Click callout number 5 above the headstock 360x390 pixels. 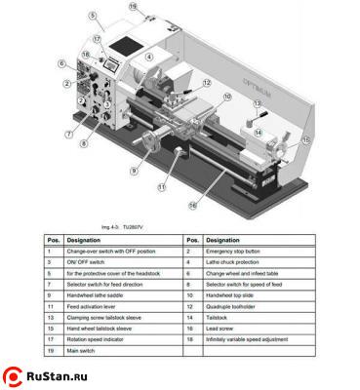93,15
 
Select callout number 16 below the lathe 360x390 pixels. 193,206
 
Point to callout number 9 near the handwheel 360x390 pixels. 134,171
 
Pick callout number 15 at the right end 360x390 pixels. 305,140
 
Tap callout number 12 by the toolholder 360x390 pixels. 207,84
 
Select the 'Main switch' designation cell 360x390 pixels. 84,350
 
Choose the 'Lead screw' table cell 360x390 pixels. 225,329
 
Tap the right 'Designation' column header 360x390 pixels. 224,240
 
